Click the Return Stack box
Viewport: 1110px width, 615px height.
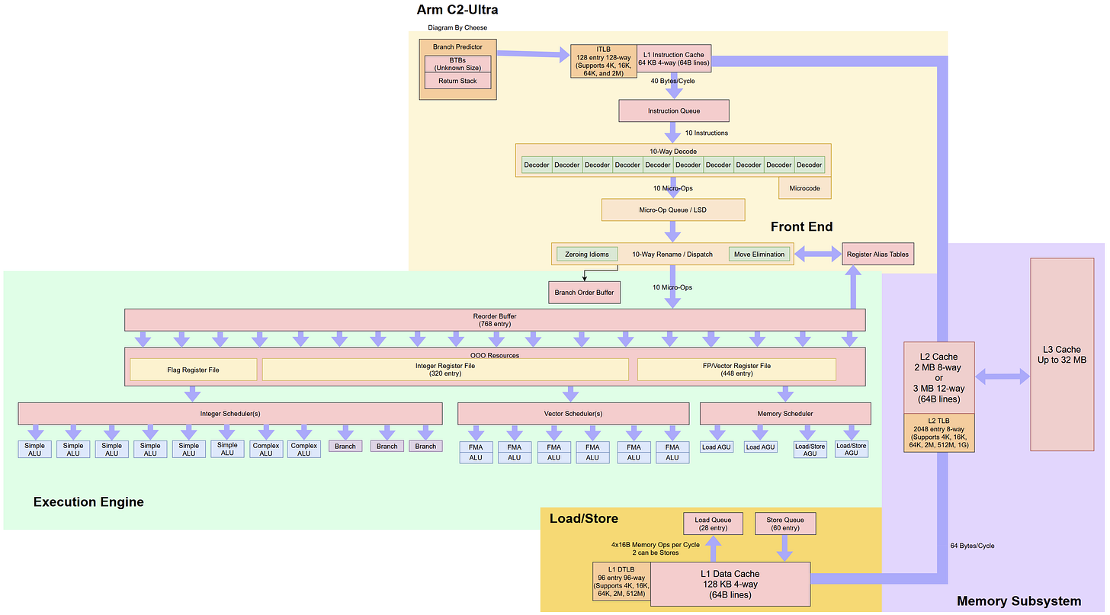click(x=457, y=81)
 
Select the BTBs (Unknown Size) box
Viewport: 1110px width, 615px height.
click(x=457, y=64)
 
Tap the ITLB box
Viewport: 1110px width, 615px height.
click(x=603, y=62)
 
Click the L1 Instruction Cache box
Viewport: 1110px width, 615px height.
click(x=673, y=59)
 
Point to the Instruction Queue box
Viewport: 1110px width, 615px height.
click(x=673, y=111)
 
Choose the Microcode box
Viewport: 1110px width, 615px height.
click(x=804, y=188)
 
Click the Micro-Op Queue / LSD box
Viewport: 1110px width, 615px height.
click(x=673, y=210)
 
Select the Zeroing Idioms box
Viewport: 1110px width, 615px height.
click(x=587, y=255)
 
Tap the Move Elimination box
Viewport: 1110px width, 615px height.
click(x=759, y=255)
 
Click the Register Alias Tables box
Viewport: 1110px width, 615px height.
click(x=877, y=254)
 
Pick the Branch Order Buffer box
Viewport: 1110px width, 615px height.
click(x=584, y=293)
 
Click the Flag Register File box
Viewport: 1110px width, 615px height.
click(x=194, y=370)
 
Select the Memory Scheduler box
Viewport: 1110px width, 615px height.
click(x=785, y=414)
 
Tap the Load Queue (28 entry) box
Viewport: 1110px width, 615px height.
click(x=713, y=524)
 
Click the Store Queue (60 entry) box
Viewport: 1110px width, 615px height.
click(x=785, y=524)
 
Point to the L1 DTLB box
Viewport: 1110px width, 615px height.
click(x=621, y=581)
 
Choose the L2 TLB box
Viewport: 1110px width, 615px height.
click(x=938, y=433)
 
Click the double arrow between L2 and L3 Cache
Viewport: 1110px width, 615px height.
click(x=1003, y=376)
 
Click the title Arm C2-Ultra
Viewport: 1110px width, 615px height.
click(x=457, y=9)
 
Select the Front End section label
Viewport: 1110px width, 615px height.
click(x=801, y=227)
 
